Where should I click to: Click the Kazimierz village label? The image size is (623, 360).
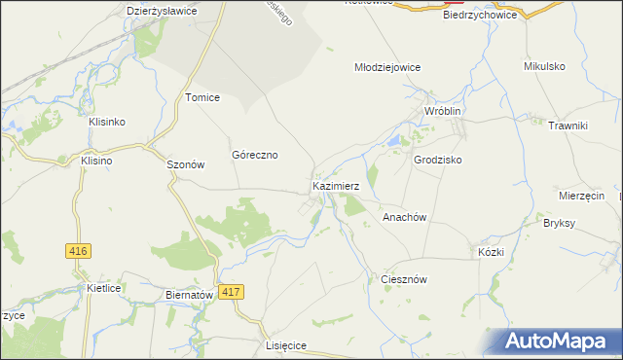(337, 185)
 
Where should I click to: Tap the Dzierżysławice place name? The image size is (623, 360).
(163, 11)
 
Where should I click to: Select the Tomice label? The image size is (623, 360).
(202, 97)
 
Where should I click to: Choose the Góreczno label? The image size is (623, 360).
(255, 155)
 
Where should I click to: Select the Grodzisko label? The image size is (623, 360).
(437, 159)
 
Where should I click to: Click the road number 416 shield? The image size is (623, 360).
(79, 251)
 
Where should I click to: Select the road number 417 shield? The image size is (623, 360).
(231, 292)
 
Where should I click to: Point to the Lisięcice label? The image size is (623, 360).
(286, 345)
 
